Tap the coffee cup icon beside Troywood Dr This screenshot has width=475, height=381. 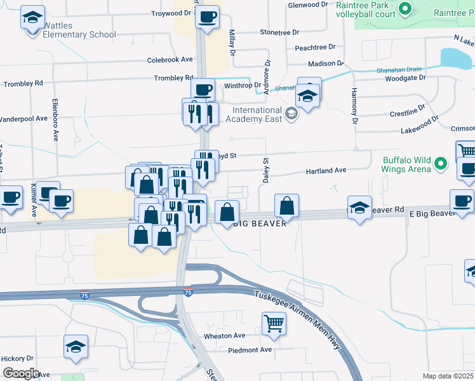pyautogui.click(x=207, y=17)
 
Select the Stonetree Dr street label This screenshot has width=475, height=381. pyautogui.click(x=279, y=32)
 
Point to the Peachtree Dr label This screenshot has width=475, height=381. pyautogui.click(x=315, y=48)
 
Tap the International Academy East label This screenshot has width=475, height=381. pyautogui.click(x=251, y=114)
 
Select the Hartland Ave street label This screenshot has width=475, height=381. pyautogui.click(x=326, y=170)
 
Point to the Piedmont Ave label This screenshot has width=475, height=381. pyautogui.click(x=250, y=350)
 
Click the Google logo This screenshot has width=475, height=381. pyautogui.click(x=21, y=373)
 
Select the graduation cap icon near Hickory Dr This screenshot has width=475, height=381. pyautogui.click(x=76, y=347)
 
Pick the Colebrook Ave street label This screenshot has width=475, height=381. pyautogui.click(x=170, y=60)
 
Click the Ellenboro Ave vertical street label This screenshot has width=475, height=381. pyautogui.click(x=55, y=120)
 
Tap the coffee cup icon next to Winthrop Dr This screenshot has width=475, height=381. pyautogui.click(x=203, y=90)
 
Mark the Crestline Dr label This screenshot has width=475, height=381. pyautogui.click(x=407, y=112)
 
